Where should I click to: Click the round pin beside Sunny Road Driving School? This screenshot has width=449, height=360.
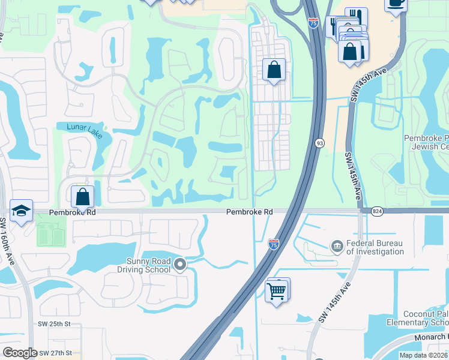[179, 264]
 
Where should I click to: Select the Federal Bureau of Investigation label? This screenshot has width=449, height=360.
[375, 247]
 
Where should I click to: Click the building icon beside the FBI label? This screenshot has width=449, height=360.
[337, 246]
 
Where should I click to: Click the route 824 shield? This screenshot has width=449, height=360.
[377, 211]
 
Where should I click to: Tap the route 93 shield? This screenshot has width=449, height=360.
[319, 143]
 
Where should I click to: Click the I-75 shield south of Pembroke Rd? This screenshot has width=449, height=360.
[274, 243]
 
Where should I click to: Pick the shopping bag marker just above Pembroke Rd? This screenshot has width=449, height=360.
[82, 196]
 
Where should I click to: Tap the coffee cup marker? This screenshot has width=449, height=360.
[396, 3]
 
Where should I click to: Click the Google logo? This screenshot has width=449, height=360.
[20, 353]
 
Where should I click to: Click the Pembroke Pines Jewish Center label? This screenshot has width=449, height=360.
[426, 142]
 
